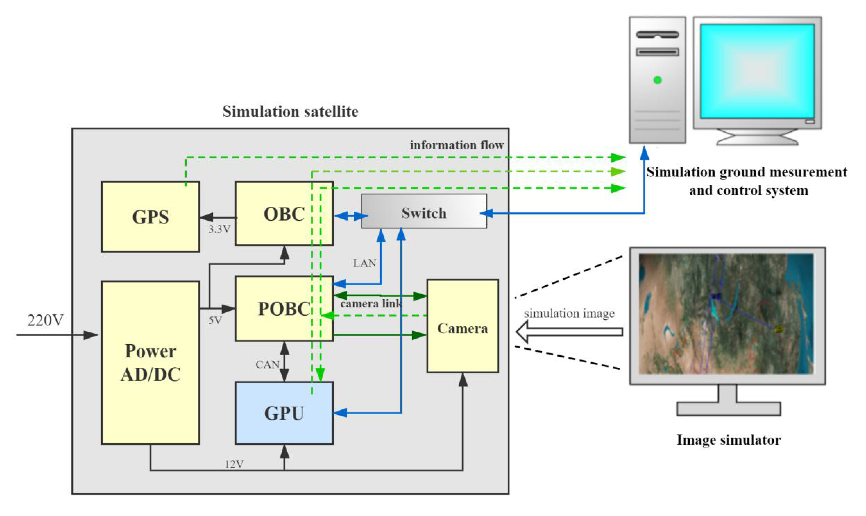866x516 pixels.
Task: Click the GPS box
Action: tap(150, 217)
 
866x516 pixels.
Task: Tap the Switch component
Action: tap(424, 213)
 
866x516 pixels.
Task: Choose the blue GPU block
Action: tap(284, 413)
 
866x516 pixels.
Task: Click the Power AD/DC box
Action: tap(150, 363)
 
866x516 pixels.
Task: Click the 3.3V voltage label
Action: tap(219, 229)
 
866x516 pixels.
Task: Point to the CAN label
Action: tap(267, 364)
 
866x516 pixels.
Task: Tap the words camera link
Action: tap(371, 304)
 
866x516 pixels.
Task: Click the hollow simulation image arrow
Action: tap(569, 332)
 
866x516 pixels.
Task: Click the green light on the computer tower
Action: tap(657, 80)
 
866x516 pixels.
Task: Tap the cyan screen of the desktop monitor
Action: tap(757, 71)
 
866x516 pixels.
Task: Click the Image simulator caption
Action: tap(729, 440)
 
